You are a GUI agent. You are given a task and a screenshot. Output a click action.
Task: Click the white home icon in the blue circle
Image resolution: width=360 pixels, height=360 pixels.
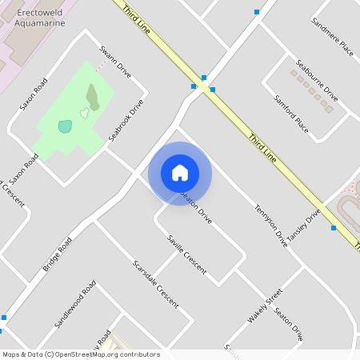[x=180, y=173]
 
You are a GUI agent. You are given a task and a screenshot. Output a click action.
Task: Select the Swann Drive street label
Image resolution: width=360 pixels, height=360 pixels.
[x=114, y=62]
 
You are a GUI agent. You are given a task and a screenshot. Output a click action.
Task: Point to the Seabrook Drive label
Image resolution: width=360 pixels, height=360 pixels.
[x=126, y=121]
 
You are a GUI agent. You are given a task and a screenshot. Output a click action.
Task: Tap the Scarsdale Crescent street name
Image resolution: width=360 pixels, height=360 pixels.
[x=156, y=286]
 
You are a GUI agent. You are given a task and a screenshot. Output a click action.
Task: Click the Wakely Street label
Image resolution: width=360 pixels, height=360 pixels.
[x=265, y=306]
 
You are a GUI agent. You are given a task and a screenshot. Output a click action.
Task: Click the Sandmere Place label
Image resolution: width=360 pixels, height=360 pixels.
[x=332, y=38]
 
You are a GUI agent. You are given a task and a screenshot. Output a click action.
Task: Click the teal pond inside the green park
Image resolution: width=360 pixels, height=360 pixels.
[x=65, y=126]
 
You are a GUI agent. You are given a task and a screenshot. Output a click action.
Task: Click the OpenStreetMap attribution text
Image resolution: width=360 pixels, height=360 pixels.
[x=81, y=354]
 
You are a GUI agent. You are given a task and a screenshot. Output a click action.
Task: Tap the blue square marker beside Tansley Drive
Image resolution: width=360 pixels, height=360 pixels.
[x=334, y=228]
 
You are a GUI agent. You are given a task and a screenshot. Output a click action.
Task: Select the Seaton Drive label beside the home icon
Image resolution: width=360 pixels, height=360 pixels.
[x=196, y=206]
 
